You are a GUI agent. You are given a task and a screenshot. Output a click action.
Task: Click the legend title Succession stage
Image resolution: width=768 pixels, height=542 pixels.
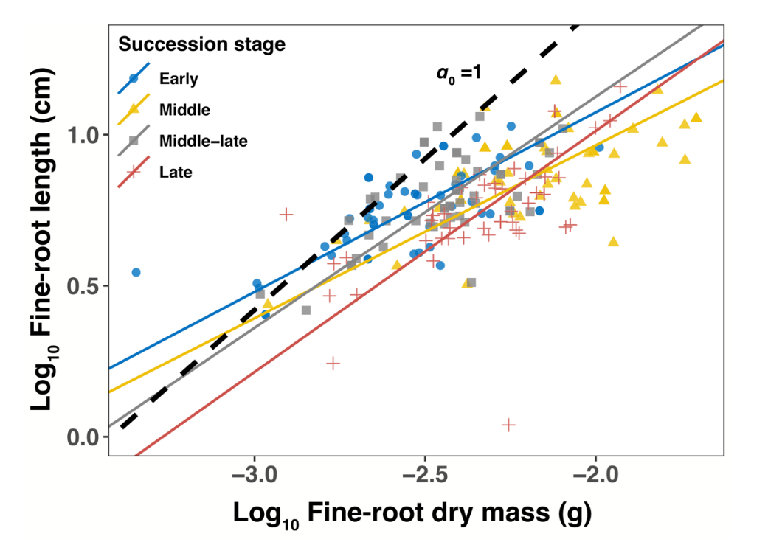[201, 44]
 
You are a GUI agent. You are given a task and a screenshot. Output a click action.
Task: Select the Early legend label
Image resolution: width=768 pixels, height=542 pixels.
[179, 77]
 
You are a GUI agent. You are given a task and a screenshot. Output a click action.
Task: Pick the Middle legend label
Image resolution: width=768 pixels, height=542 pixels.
[184, 109]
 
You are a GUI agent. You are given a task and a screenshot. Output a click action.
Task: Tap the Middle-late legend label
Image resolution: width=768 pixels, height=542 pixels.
[203, 141]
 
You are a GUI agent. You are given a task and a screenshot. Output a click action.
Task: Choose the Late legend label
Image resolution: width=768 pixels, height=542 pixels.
[176, 173]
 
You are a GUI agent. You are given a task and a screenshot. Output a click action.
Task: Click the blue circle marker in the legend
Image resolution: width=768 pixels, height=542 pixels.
[134, 77]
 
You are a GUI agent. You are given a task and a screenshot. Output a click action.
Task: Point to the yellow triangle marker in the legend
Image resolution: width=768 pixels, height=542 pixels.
[134, 109]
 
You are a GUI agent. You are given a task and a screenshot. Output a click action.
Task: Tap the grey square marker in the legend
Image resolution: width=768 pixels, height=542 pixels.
[134, 141]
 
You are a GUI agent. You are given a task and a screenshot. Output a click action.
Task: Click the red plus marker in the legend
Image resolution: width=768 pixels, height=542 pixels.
[134, 173]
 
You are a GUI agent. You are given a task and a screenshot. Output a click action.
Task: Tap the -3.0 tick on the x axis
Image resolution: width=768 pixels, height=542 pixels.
[255, 472]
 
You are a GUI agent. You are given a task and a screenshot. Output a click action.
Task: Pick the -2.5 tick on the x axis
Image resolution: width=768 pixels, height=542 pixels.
[424, 472]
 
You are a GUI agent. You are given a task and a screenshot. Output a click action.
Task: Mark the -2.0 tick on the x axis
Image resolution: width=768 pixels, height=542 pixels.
[595, 472]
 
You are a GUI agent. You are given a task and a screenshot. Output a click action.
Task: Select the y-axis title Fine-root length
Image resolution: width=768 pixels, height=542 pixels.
[44, 243]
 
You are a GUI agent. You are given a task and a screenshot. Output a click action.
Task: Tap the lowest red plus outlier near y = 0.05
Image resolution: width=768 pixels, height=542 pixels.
[508, 425]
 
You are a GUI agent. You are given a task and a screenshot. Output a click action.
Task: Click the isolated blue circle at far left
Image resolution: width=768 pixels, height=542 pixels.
[136, 272]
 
